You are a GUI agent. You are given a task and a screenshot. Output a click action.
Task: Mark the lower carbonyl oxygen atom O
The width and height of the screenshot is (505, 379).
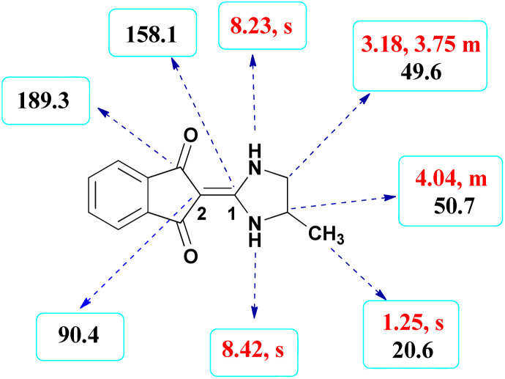pos(190,257)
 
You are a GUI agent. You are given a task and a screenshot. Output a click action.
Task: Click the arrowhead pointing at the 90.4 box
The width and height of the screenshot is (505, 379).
pos(83,308)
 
